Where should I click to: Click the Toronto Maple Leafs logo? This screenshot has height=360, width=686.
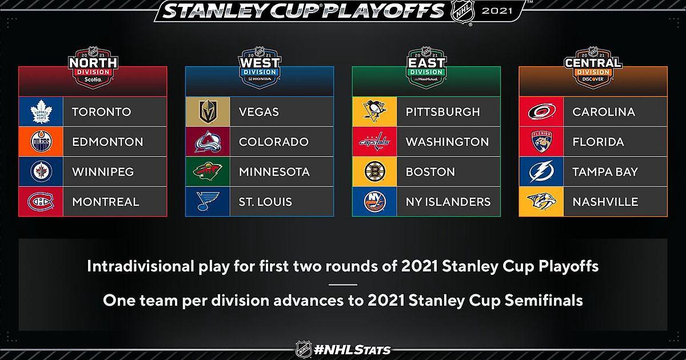point(41,112)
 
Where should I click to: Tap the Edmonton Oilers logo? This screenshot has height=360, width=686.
point(41,142)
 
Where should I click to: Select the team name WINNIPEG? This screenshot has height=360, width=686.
point(103,172)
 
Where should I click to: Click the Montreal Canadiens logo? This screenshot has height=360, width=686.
point(41,201)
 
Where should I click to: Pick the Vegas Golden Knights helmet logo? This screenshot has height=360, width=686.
point(208,111)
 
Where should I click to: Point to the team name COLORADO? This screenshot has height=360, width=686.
point(273,142)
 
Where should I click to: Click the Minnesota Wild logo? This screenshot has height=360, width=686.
point(208,171)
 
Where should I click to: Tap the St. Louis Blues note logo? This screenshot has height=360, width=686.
point(208,201)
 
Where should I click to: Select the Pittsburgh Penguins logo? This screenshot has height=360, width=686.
point(374,111)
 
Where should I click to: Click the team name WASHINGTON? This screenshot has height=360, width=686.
point(447,142)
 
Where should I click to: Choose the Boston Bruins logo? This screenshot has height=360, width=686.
point(375,171)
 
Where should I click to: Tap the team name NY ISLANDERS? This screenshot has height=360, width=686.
point(448,202)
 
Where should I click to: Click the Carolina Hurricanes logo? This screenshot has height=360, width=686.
point(541,111)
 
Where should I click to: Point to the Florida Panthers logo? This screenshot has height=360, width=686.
point(541,142)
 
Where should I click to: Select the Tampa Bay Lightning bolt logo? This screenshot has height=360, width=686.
point(541,171)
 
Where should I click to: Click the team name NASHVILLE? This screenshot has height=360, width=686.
point(605,202)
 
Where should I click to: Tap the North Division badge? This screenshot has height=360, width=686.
point(93,67)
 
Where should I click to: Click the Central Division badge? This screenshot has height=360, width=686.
point(593,67)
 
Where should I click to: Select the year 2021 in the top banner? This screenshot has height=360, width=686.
point(497,11)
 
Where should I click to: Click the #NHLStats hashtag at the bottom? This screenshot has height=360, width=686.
point(352,350)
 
